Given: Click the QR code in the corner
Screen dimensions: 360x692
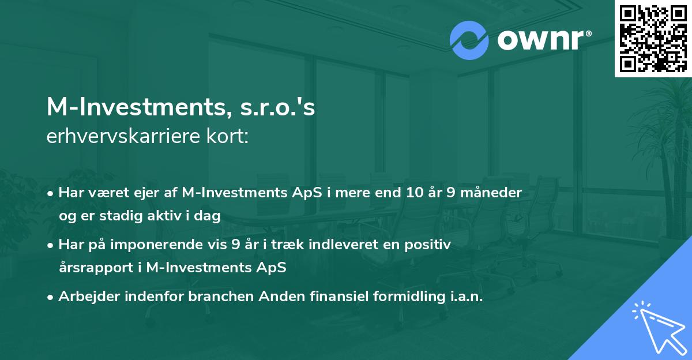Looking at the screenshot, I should [653, 39].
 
